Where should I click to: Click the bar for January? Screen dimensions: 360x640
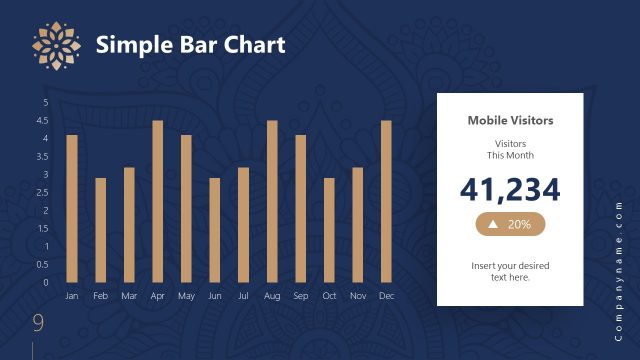click(x=72, y=208)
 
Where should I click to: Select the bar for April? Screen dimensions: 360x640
click(x=157, y=201)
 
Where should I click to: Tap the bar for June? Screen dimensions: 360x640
click(x=215, y=230)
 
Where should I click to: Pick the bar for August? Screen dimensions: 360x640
click(x=272, y=201)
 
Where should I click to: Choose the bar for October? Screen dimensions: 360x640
click(x=329, y=230)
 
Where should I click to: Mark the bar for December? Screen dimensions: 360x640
click(x=386, y=201)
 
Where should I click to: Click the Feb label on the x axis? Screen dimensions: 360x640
click(x=100, y=296)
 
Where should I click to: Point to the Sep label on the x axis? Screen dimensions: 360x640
click(x=301, y=296)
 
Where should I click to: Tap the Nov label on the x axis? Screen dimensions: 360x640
click(x=358, y=296)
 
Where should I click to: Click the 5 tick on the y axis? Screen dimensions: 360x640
click(x=45, y=102)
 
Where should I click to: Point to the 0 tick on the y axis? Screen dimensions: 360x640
click(x=45, y=282)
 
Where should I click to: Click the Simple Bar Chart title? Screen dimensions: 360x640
click(x=190, y=45)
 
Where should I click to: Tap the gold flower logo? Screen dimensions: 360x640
click(x=54, y=45)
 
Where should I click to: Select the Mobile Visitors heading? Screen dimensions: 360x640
click(x=510, y=120)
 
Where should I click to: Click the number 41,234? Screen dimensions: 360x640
click(x=510, y=189)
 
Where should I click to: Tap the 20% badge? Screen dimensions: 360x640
click(x=510, y=225)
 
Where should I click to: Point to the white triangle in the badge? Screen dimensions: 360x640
click(x=492, y=225)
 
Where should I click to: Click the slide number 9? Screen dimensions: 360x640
click(x=38, y=322)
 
